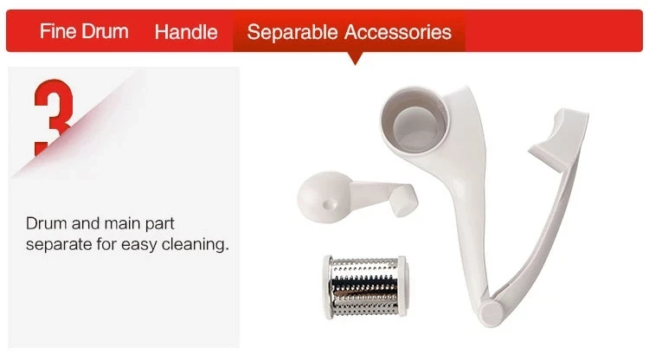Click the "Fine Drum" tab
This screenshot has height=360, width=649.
[x=84, y=31]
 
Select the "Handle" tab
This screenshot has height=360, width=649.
[x=186, y=32]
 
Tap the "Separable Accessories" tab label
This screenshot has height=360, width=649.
[x=349, y=32]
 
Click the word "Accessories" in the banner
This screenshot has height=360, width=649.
[x=398, y=32]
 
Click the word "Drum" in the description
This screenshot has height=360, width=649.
[x=47, y=223]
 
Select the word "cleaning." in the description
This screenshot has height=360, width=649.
[x=196, y=244]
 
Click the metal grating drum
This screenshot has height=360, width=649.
[x=365, y=286]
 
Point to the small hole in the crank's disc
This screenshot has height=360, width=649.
[x=329, y=203]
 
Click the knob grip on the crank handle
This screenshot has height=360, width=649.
[x=403, y=200]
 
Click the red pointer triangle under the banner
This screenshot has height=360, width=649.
[x=355, y=58]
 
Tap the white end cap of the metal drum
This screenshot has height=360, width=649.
[x=328, y=286]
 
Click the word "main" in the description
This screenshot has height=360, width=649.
[x=122, y=223]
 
